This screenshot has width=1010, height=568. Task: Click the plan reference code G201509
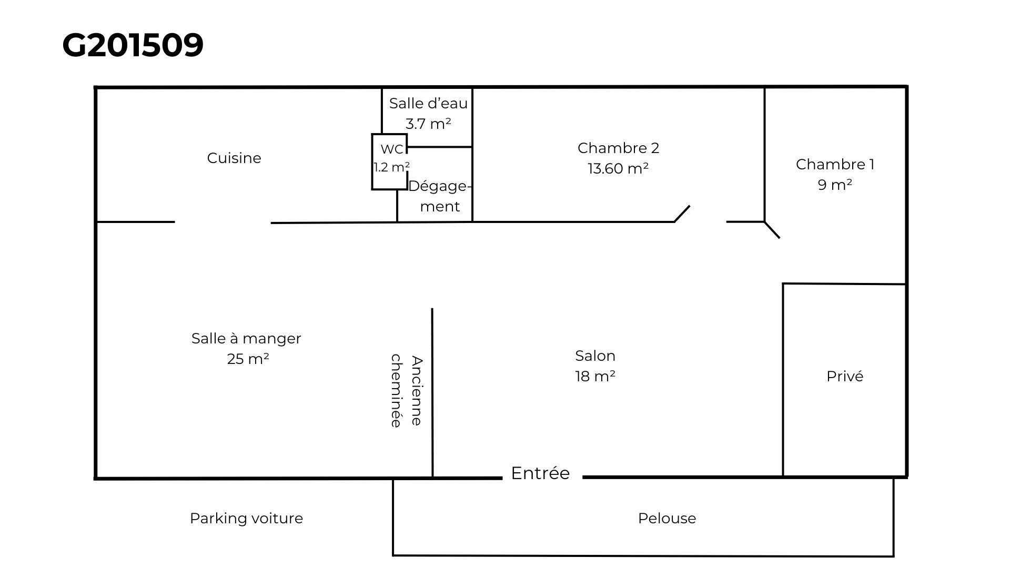coord(133,45)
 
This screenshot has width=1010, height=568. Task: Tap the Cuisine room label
coord(234,158)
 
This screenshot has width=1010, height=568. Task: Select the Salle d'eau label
coord(428,104)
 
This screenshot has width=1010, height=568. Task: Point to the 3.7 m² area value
coord(428,124)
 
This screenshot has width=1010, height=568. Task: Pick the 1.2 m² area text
coord(391,167)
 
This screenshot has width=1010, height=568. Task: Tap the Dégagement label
coord(439,196)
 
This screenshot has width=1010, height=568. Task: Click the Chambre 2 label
coord(618,148)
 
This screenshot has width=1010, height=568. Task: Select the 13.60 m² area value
coord(618,169)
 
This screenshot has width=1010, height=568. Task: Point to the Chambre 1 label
coord(835,164)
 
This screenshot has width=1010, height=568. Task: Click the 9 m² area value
coord(835,185)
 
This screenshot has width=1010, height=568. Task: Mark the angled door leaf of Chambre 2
coord(682,214)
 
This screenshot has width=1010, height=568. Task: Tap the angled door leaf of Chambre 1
coord(772,230)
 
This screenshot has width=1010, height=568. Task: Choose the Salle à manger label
coord(246,338)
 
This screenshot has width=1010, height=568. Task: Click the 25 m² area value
coord(248,359)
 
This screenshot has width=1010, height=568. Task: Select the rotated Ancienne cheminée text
coord(407,391)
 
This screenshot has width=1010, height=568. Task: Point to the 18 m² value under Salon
coord(595,377)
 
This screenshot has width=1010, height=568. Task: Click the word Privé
coord(845,376)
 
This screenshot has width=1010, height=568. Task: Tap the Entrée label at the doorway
coord(540,473)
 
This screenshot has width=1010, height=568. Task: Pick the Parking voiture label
coord(246,518)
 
